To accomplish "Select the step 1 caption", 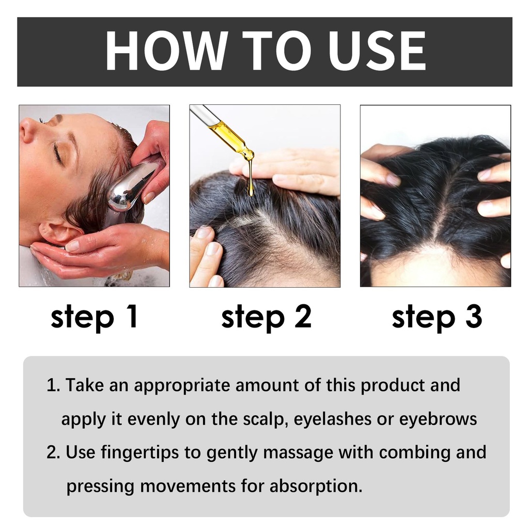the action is click(94, 317).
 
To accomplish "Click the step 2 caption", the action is click(266, 317).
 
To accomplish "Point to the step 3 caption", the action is click(437, 317).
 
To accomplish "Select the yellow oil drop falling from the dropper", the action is click(251, 179).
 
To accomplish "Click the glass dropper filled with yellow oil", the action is click(223, 132).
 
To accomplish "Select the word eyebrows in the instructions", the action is click(438, 419).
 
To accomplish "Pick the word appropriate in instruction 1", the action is click(182, 386).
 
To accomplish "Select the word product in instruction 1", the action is click(393, 386).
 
